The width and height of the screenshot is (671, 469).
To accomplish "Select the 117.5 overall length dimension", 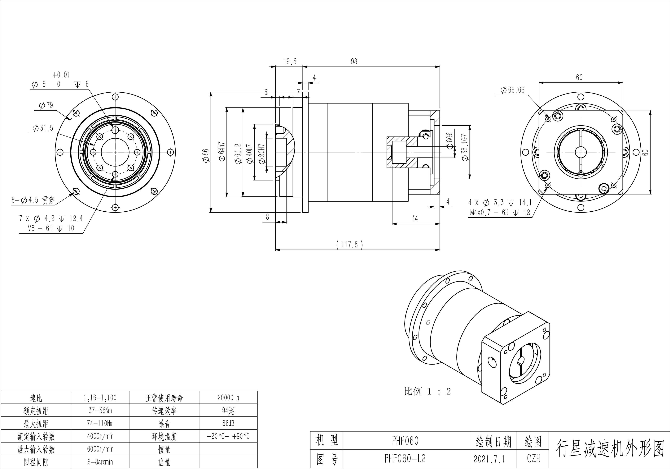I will click(x=350, y=244).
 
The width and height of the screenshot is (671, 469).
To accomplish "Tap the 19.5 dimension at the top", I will click(x=290, y=62).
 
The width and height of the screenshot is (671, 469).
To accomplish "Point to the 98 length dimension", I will click(x=354, y=62).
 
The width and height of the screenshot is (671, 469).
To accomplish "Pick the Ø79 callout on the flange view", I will click(x=46, y=105).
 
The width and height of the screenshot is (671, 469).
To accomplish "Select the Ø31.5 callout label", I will click(x=43, y=128).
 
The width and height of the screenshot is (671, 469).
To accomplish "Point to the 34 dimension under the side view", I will click(x=414, y=218).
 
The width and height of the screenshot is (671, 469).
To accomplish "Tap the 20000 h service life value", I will click(x=228, y=398).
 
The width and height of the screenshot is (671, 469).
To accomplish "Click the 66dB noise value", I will click(x=228, y=423).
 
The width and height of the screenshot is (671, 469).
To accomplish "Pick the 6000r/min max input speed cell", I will click(x=100, y=449).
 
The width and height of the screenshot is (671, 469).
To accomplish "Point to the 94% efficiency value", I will click(x=228, y=411).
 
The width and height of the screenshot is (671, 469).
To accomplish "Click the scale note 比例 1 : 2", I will click(x=427, y=391).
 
